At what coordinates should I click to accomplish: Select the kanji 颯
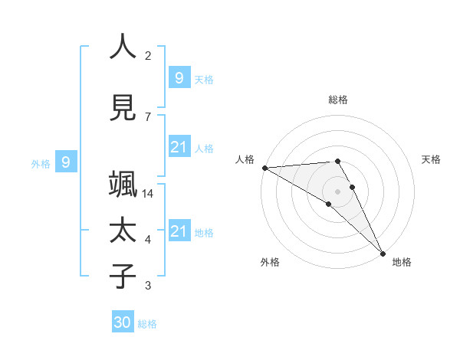(x=123, y=185)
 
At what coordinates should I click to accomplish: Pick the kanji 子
(x=123, y=277)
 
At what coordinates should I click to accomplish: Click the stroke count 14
(x=148, y=194)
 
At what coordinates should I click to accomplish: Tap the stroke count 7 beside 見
(x=148, y=116)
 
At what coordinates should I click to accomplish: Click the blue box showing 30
(x=123, y=322)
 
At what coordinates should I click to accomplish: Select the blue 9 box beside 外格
(x=66, y=162)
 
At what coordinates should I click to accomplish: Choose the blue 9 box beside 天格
(x=179, y=77)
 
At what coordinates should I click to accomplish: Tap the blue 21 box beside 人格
(x=179, y=147)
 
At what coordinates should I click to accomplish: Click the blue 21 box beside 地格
(x=179, y=231)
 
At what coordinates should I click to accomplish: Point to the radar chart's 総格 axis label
(x=338, y=100)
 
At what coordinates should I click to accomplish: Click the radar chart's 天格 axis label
(x=432, y=159)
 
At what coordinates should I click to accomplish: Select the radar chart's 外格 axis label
(x=270, y=262)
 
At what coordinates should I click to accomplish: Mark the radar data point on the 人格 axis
(x=264, y=168)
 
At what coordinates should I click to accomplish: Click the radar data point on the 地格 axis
(x=383, y=252)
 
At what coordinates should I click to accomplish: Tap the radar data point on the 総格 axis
(x=338, y=161)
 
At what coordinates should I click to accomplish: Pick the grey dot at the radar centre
(x=338, y=191)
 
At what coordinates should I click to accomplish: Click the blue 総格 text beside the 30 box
(x=147, y=324)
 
